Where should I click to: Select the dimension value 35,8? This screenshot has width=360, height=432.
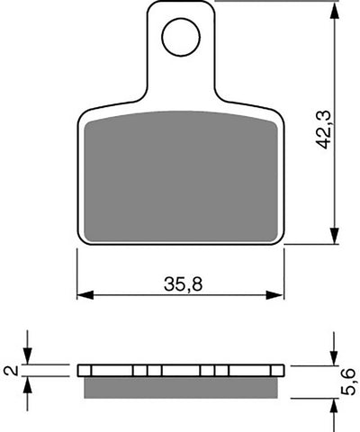181,282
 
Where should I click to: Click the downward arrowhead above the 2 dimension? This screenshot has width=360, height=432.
29,357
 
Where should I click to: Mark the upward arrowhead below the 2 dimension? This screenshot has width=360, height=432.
29,382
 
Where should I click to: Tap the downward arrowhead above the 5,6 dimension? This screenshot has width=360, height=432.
335,359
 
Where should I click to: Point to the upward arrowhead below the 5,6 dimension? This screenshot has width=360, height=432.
335,404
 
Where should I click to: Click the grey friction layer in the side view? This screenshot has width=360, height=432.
180,387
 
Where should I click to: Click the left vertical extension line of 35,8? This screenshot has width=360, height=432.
76,274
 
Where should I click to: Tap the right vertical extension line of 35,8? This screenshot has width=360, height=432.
284,274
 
